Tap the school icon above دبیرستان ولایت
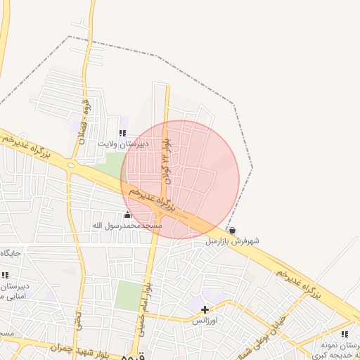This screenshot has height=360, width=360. (123, 132)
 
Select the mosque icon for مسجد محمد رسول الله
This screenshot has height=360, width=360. (127, 215)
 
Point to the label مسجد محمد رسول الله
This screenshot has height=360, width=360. (127, 226)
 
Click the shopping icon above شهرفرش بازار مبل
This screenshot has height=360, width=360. (232, 230)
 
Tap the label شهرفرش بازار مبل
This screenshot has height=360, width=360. (232, 240)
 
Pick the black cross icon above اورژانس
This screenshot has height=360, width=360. (205, 309)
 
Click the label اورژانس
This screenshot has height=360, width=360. (206, 320)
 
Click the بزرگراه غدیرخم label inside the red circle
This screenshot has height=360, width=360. (149, 197)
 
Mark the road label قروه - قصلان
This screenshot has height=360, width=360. (85, 120)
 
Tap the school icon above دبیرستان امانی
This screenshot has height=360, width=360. (6, 275)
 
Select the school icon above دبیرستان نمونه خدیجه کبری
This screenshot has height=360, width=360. (345, 334)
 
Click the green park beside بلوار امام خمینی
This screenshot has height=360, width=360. (127, 295)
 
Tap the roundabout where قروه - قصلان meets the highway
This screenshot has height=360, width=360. (70, 165)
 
